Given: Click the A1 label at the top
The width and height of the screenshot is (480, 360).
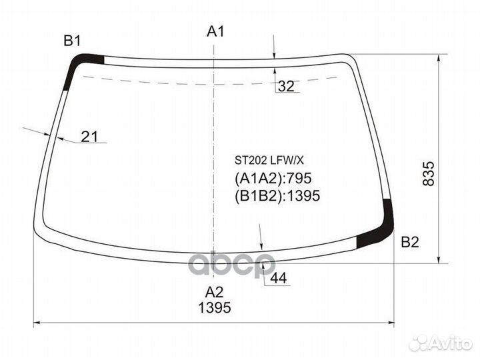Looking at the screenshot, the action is [x=216, y=31].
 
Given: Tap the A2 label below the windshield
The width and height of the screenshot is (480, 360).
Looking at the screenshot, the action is [x=214, y=293].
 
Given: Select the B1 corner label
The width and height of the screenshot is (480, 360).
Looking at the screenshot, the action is [x=72, y=41].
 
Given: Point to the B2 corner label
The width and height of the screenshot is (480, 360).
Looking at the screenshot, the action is [x=410, y=242].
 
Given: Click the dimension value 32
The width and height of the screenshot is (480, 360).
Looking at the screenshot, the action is [x=286, y=86].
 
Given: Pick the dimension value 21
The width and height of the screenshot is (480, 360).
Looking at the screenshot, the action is [x=89, y=137].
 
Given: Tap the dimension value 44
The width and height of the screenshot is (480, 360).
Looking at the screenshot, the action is [x=279, y=278].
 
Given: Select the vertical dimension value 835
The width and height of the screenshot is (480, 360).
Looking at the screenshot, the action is [x=429, y=173].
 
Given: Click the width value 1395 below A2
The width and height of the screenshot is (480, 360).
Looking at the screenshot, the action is [x=214, y=307].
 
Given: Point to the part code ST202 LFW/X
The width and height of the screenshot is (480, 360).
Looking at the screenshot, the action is [x=269, y=160].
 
